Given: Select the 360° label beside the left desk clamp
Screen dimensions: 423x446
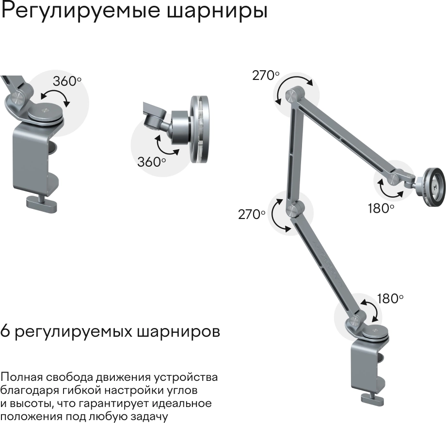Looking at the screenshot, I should [67, 81].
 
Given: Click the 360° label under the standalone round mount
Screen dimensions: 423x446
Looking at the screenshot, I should [151, 162].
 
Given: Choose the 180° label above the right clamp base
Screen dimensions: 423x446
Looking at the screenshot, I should [390, 298].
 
